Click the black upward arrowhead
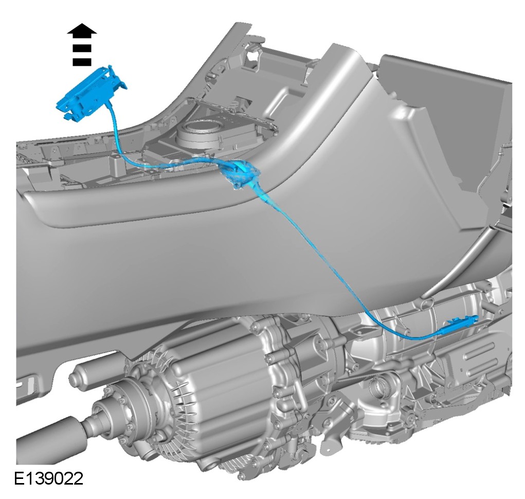click(x=82, y=29)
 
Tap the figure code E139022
click(x=48, y=478)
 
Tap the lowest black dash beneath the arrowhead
click(x=82, y=62)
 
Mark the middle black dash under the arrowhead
click(x=82, y=48)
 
